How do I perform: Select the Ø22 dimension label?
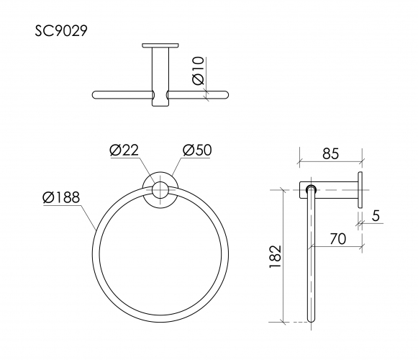pos(124,150)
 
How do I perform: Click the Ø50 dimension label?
pos(196,150)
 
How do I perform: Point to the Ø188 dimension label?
pos(61,197)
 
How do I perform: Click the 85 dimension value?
pos(331,153)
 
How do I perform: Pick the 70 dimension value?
pos(338,238)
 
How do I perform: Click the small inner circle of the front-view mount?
pos(160,191)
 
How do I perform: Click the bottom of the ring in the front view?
pos(160,317)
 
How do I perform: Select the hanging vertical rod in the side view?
pos(311,259)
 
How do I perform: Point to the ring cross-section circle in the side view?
pos(311,190)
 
